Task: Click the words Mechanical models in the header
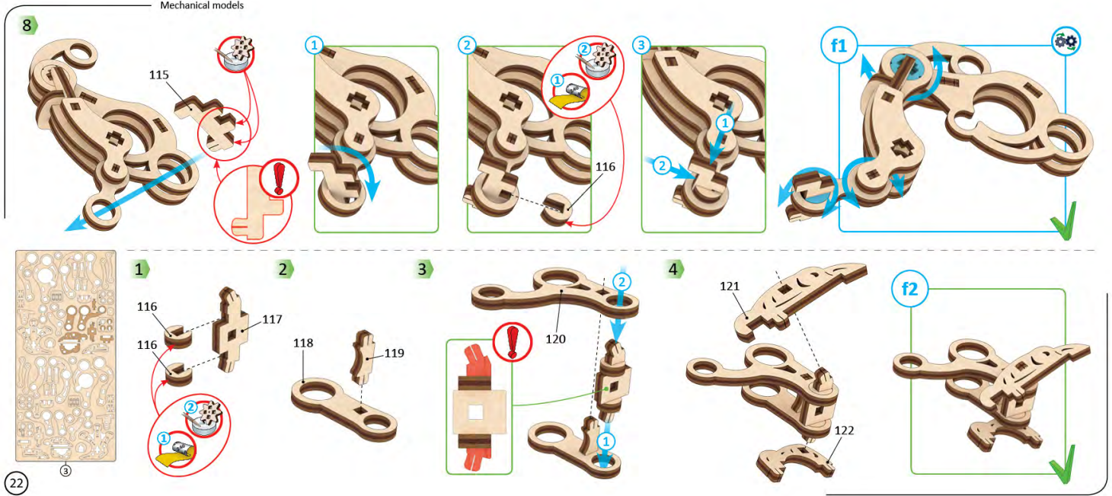(x=202, y=5)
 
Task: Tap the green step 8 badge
(x=29, y=25)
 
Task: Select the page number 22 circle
(x=16, y=482)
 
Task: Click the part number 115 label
(x=159, y=75)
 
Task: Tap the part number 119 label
(x=394, y=353)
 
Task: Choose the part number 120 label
(x=555, y=338)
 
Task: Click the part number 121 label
(x=730, y=286)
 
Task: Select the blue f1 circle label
(x=839, y=46)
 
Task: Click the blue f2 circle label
(x=909, y=290)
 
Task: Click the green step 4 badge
(x=673, y=269)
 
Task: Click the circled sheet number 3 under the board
(x=66, y=471)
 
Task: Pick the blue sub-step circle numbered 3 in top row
(x=641, y=45)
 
